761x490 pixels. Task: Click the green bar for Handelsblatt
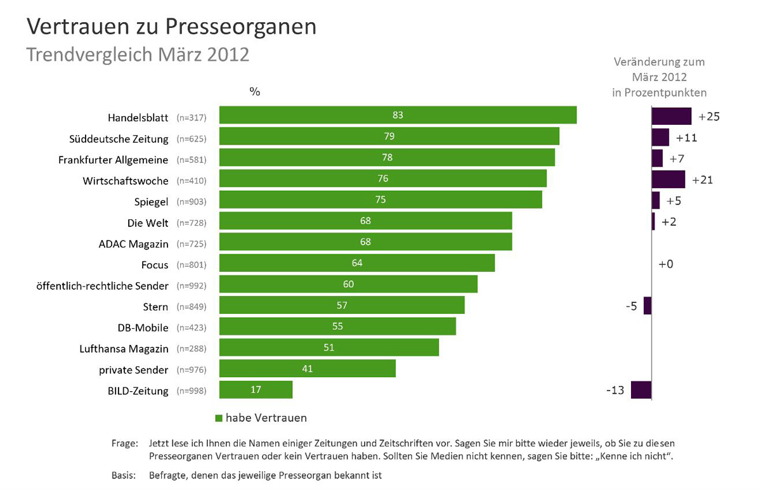tap(398, 115)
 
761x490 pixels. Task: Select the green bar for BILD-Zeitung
tap(256, 389)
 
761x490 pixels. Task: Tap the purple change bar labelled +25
tap(672, 116)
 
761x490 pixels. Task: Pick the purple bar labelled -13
tap(641, 390)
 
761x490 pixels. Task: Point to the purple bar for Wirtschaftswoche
tap(668, 179)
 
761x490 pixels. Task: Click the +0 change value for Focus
tap(666, 264)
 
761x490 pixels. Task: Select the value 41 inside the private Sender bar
tap(307, 368)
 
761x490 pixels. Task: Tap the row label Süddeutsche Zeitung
tap(119, 139)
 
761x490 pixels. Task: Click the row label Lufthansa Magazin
tap(124, 349)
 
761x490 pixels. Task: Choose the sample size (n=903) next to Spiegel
tap(192, 202)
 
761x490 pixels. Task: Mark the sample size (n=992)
tap(192, 286)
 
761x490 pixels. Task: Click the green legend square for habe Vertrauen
tap(219, 418)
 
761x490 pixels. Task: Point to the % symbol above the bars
tap(255, 91)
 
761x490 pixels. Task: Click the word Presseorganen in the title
tap(241, 27)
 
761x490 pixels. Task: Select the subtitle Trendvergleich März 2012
tap(138, 55)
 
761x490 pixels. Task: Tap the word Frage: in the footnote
tap(125, 444)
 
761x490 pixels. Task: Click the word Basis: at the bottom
tap(124, 475)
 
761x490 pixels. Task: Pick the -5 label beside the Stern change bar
tap(632, 306)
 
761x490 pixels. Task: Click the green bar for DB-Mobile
tap(337, 326)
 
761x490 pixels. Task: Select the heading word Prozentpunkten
tap(665, 93)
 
